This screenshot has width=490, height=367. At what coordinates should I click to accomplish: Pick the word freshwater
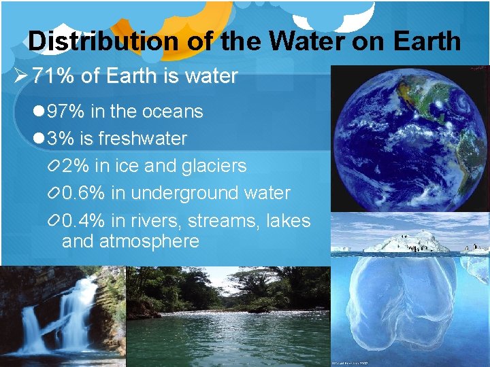[142, 139]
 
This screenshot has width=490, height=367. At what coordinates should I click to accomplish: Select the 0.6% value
[84, 193]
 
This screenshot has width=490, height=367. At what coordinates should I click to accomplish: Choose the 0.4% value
[84, 221]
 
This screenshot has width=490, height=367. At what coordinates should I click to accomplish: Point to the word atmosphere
[149, 241]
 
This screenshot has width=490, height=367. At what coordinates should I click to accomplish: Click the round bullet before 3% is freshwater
[38, 139]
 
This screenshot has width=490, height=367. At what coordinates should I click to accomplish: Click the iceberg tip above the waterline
[408, 242]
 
